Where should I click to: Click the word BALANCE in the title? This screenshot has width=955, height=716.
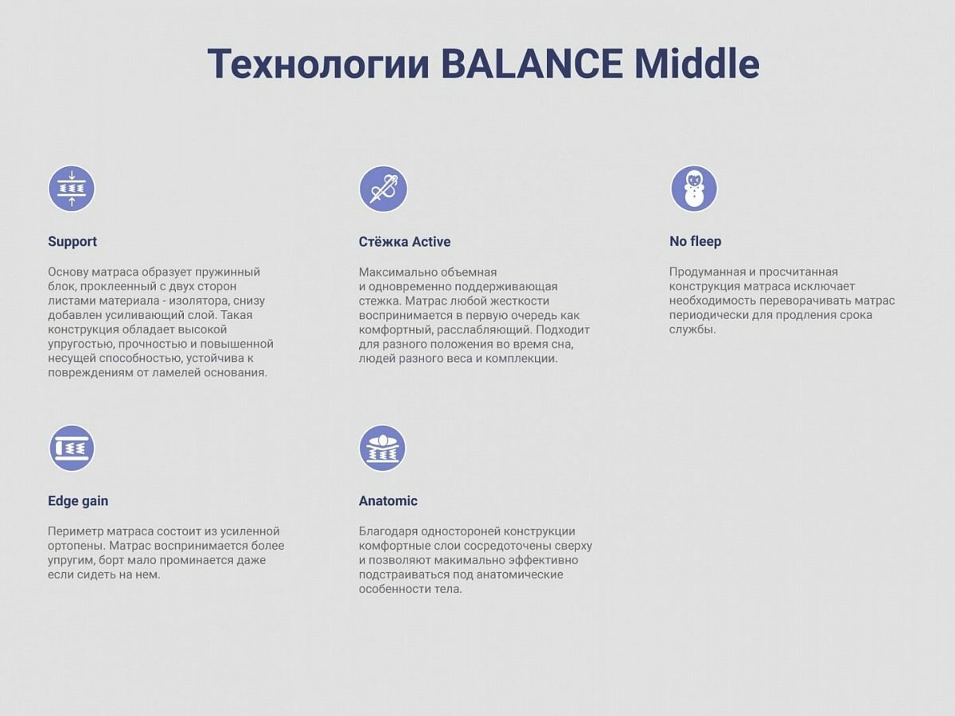tap(532, 64)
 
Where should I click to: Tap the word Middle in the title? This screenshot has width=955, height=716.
tap(697, 63)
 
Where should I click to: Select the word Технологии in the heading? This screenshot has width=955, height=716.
tap(318, 64)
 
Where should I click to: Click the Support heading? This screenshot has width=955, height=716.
tap(72, 242)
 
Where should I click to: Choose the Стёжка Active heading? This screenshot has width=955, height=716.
tap(404, 242)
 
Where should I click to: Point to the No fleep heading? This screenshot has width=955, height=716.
tap(696, 241)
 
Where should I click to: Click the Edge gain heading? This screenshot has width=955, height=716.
tap(78, 501)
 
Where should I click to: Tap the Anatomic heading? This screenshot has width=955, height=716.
tap(388, 501)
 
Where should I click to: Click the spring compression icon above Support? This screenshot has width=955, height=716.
tap(72, 189)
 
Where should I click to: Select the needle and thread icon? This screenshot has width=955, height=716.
tap(384, 189)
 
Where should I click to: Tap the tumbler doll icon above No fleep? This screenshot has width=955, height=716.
tap(694, 189)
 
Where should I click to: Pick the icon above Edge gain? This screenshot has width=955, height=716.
tap(72, 448)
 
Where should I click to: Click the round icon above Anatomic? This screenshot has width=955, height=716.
tap(383, 448)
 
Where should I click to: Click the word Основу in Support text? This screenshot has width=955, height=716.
tap(68, 272)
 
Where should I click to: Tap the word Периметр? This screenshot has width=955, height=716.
tap(76, 531)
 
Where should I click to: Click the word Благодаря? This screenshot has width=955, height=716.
tap(388, 531)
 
